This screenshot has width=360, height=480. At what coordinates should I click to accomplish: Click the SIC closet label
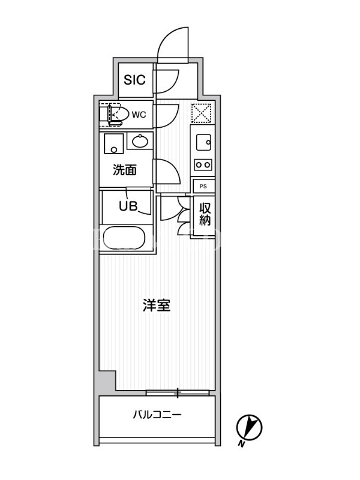point(134,80)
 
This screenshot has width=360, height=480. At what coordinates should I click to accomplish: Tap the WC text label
point(139,115)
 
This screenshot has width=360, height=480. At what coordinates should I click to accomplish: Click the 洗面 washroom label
point(125,170)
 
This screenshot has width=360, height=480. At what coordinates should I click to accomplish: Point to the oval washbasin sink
point(140,141)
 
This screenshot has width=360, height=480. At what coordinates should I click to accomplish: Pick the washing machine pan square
point(113,143)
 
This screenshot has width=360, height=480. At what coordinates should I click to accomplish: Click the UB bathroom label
point(128,206)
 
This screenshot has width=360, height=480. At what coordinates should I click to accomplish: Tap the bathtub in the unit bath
point(124,238)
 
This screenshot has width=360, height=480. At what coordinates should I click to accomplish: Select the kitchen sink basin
point(203,142)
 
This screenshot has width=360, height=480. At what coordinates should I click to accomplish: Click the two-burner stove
point(203,164)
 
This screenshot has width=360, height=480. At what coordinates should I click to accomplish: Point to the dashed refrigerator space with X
point(201,113)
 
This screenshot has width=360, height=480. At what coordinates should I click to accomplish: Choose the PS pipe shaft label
point(203,186)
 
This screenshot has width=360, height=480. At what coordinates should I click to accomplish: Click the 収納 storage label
point(205,214)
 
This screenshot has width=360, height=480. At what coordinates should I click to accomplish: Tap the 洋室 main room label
point(157,305)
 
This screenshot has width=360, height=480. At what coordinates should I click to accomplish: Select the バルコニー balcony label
point(157,415)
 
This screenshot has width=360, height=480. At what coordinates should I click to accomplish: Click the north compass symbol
point(249,428)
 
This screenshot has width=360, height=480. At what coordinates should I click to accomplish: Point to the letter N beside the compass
point(242,443)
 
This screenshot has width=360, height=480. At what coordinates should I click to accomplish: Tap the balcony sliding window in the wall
point(178,392)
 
